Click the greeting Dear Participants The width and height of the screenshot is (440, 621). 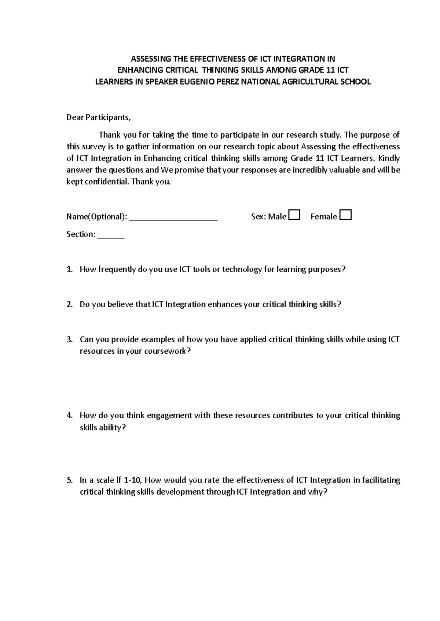(x=98, y=118)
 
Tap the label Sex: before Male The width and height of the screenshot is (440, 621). (x=258, y=217)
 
